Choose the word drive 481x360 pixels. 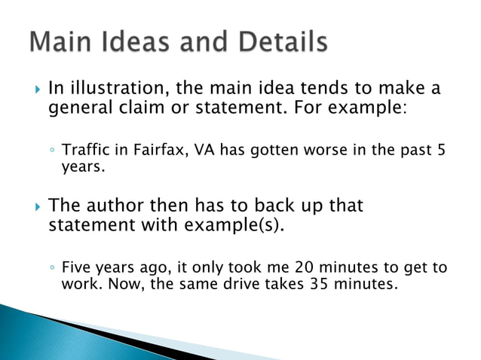[x=232, y=285]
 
